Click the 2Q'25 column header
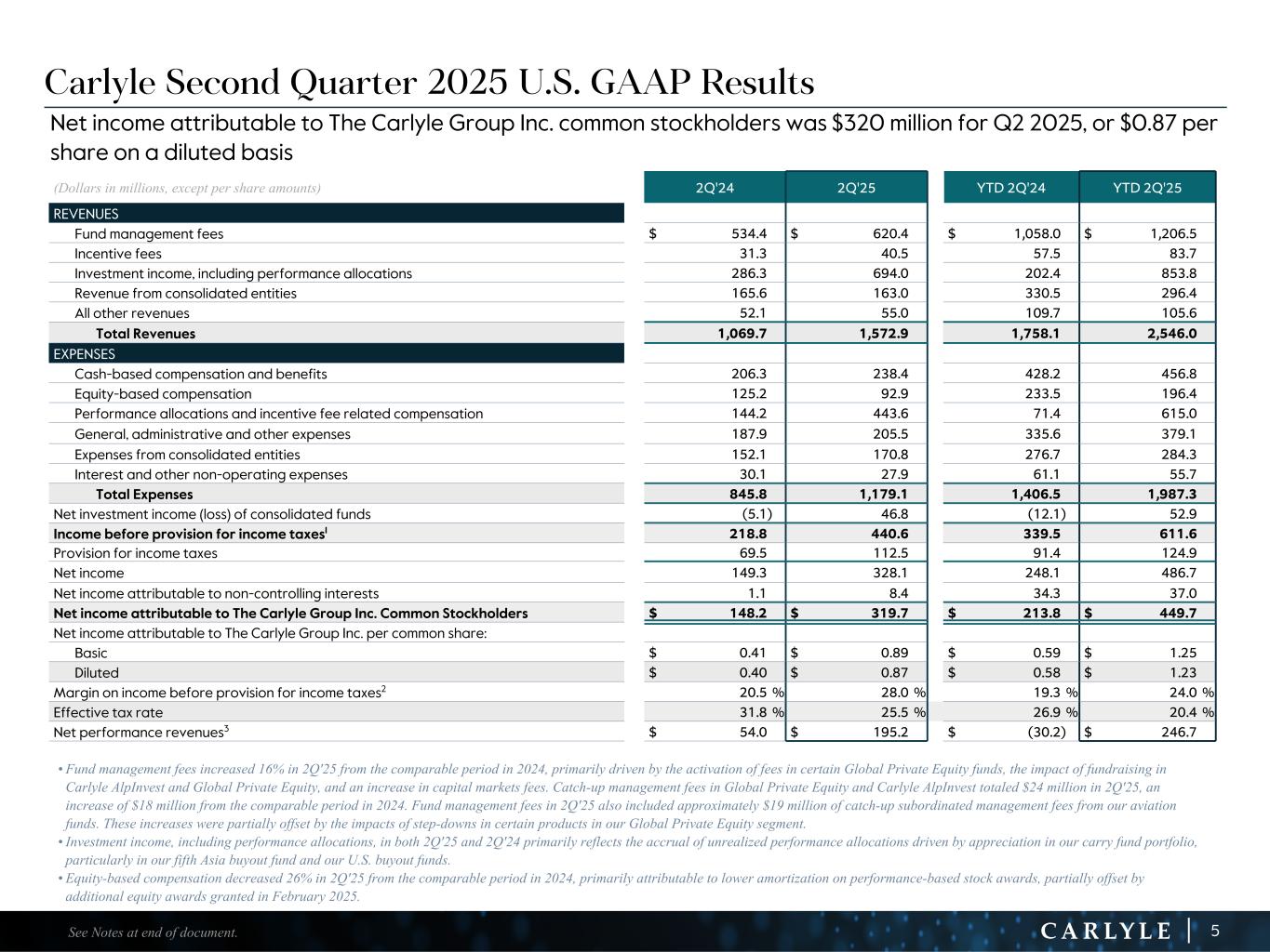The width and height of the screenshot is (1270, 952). pyautogui.click(x=856, y=188)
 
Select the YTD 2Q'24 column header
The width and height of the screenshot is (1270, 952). pyautogui.click(x=1010, y=188)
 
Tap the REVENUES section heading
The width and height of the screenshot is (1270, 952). pyautogui.click(x=86, y=214)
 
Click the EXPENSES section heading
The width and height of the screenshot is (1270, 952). pyautogui.click(x=85, y=354)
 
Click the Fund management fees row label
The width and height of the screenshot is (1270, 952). pyautogui.click(x=149, y=234)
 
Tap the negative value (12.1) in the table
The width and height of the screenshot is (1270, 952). pyautogui.click(x=1046, y=514)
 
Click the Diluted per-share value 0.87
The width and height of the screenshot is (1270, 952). pyautogui.click(x=891, y=673)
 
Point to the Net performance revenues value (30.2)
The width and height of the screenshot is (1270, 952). pyautogui.click(x=1045, y=732)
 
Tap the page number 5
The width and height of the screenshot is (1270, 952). pyautogui.click(x=1215, y=931)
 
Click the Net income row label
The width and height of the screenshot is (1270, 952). pyautogui.click(x=88, y=574)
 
